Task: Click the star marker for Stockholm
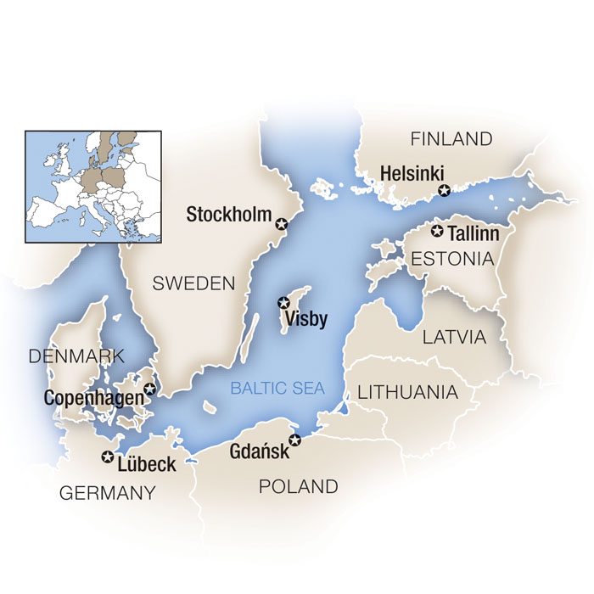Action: pyautogui.click(x=282, y=224)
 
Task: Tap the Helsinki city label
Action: pyautogui.click(x=412, y=172)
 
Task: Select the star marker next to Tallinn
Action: pyautogui.click(x=438, y=231)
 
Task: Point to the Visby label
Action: pyautogui.click(x=306, y=319)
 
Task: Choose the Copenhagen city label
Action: pyautogui.click(x=92, y=396)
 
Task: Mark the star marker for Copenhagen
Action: pyautogui.click(x=150, y=389)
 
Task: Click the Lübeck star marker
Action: pyautogui.click(x=107, y=457)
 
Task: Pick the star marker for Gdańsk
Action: pyautogui.click(x=294, y=440)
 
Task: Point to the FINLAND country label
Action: pyautogui.click(x=451, y=139)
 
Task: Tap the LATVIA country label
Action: pyautogui.click(x=455, y=337)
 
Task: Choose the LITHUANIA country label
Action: pyautogui.click(x=407, y=393)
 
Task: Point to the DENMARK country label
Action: pyautogui.click(x=76, y=356)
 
